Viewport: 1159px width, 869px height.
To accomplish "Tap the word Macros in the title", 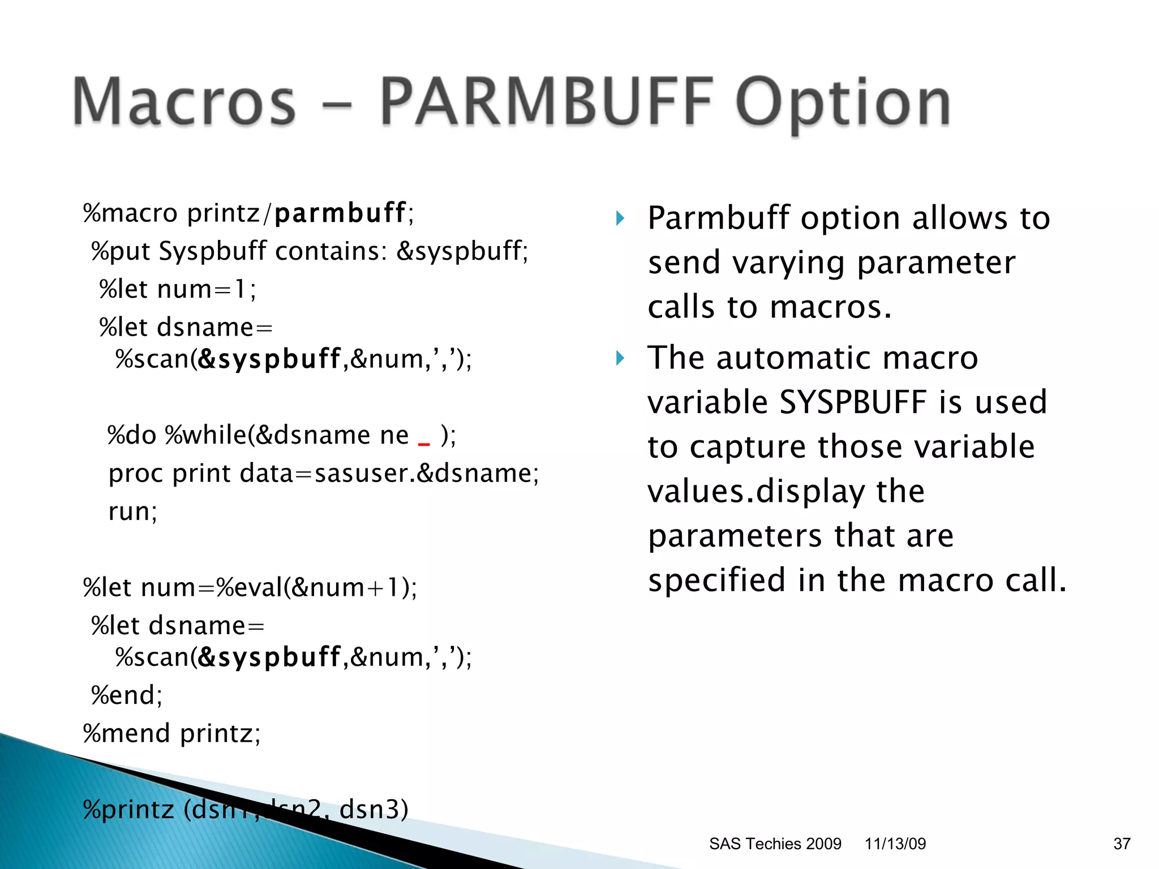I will (x=184, y=102).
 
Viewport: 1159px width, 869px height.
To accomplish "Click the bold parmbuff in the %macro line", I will (x=340, y=213).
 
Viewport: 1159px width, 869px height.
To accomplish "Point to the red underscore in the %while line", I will (x=424, y=444).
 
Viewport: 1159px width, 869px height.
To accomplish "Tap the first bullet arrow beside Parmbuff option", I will (x=620, y=218).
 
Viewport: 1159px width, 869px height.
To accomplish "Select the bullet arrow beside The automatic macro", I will (x=620, y=358).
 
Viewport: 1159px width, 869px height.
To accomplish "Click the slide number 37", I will (x=1121, y=844).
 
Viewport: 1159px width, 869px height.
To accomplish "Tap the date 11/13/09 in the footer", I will (x=895, y=844).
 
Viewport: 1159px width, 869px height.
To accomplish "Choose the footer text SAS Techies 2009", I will (x=775, y=844).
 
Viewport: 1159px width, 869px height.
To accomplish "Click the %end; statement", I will (x=127, y=695).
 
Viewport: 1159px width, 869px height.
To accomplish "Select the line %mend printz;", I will (x=172, y=734).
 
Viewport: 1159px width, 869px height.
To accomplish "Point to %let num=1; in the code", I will (x=178, y=290).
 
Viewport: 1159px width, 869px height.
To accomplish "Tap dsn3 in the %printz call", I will (x=370, y=809).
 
